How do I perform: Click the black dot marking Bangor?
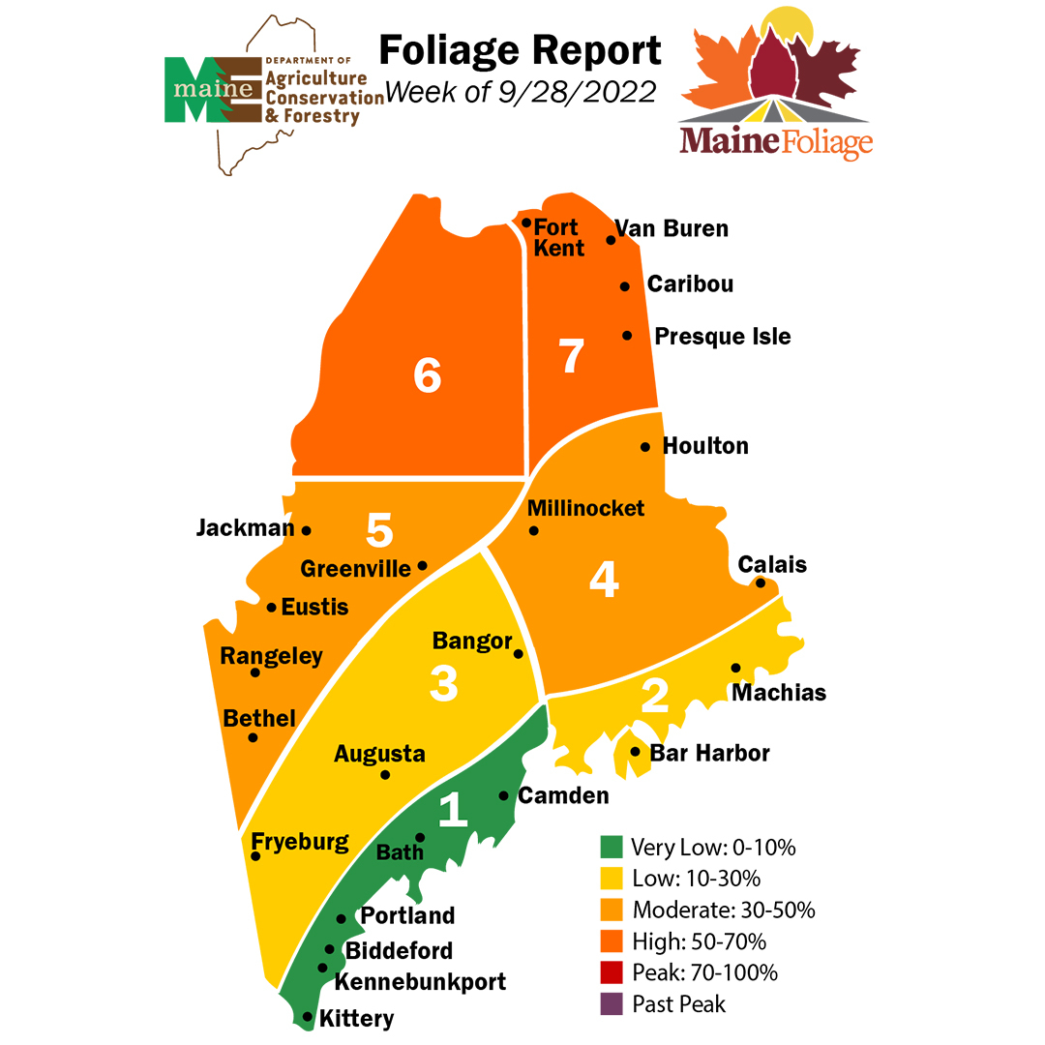point(518,654)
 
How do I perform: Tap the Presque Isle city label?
point(722,337)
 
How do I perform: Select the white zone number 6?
point(427,376)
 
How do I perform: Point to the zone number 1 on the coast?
point(454,811)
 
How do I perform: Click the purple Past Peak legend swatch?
point(611,1003)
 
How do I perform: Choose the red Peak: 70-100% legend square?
point(611,971)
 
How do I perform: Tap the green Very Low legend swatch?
point(611,848)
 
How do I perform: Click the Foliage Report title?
point(520,50)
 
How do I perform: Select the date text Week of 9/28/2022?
point(521,93)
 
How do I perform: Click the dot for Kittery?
point(308,1017)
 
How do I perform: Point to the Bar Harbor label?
point(709,753)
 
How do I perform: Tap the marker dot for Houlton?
point(645,447)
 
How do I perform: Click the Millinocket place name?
point(585,508)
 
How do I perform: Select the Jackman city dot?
point(307,530)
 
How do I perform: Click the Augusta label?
point(379,754)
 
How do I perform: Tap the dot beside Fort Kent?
point(526,223)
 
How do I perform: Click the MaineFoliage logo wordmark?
point(776,141)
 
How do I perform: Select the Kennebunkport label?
point(419,982)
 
